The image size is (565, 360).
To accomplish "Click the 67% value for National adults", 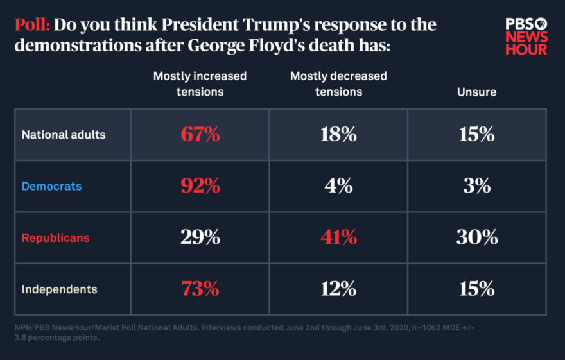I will tap(200, 135).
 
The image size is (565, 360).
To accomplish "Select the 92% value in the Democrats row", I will tap(200, 186).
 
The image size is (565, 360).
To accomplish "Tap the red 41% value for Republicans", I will tap(338, 237).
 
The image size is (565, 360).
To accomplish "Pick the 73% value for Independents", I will tap(200, 289).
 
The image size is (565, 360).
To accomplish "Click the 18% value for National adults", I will tap(338, 135).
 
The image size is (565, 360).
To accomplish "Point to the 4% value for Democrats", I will tap(338, 186).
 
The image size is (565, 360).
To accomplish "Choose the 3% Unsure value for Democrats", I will tap(476, 186).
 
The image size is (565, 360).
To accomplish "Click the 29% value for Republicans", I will tap(200, 237).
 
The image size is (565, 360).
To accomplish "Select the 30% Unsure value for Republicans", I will tap(476, 237).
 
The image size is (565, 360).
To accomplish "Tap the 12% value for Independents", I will tap(338, 289).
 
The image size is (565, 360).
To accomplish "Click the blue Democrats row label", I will tap(51, 186).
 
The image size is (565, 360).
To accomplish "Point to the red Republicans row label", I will tap(55, 237).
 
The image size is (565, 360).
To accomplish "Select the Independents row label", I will tap(59, 289).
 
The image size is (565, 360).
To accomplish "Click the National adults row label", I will tap(64, 135).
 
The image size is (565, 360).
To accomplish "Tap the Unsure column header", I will tap(476, 92).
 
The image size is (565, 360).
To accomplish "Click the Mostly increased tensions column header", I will tap(200, 84).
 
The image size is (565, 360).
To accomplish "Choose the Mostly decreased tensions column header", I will tap(338, 84).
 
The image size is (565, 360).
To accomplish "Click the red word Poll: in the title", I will tap(32, 25).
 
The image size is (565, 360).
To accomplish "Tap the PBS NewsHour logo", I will tap(526, 35).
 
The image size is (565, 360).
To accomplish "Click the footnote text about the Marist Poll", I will tap(244, 333).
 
